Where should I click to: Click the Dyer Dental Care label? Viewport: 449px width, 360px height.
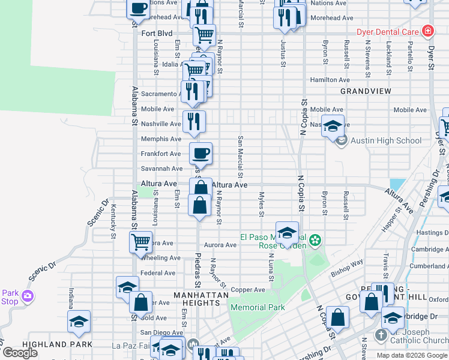(388, 32)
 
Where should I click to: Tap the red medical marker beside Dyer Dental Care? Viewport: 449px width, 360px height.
(427, 31)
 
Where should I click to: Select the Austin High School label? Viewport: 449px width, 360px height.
(386, 141)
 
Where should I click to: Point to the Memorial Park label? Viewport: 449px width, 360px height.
(257, 307)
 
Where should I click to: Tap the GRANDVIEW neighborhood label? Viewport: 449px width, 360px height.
(366, 91)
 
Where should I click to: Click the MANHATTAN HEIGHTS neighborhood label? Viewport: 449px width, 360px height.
(201, 299)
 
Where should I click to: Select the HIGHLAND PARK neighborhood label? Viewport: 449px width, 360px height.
(57, 344)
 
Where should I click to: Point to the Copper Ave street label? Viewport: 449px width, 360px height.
(248, 290)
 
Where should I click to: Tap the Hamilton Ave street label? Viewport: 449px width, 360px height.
(330, 80)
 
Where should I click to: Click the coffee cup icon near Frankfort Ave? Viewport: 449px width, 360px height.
(201, 152)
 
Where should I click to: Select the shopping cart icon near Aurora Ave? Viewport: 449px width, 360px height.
(140, 242)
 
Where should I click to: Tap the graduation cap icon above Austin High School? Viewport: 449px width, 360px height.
(333, 126)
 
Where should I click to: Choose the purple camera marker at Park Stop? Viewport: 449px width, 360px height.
(28, 296)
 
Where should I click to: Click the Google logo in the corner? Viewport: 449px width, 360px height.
(20, 353)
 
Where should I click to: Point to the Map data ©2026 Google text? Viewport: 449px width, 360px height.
(412, 355)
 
